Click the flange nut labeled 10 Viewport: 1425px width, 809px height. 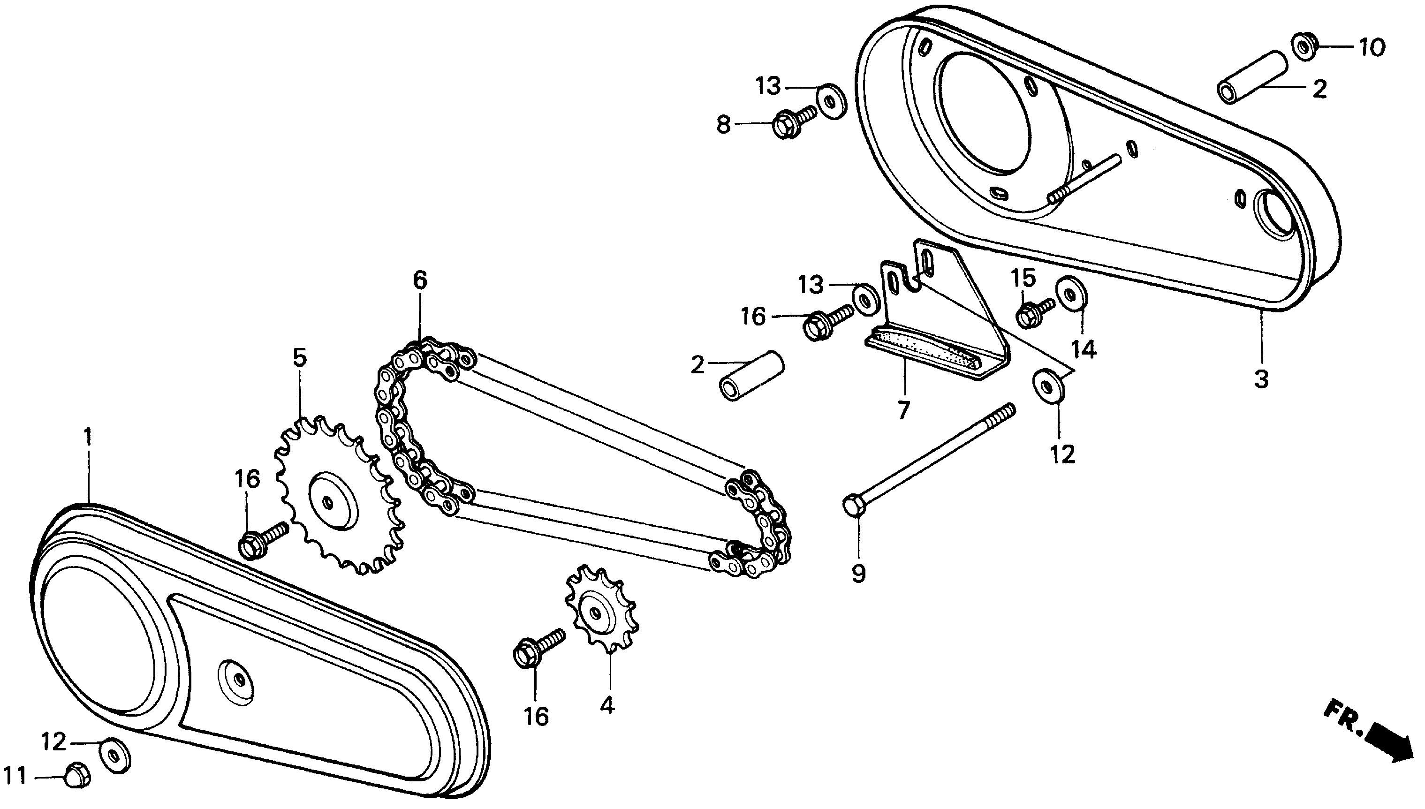click(1305, 47)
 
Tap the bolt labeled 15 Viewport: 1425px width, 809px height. click(1034, 312)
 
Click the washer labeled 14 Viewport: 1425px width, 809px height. click(1068, 292)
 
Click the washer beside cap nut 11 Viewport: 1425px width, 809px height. click(115, 755)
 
